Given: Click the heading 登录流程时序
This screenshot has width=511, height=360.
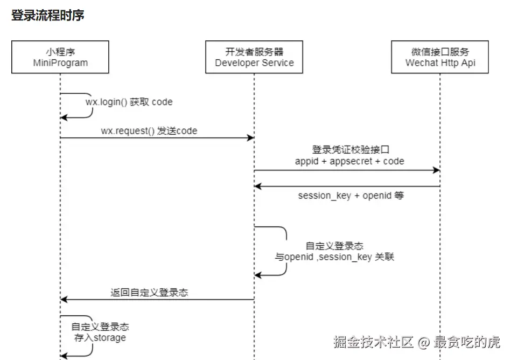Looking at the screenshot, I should pyautogui.click(x=48, y=16).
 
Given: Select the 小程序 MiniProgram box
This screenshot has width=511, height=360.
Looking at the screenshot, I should pyautogui.click(x=60, y=57).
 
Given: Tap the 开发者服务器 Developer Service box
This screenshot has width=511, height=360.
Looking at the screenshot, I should pyautogui.click(x=254, y=57).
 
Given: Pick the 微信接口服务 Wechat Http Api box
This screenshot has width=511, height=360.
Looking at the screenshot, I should pyautogui.click(x=440, y=57).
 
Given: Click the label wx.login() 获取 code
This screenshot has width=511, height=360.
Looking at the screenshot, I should pyautogui.click(x=129, y=102).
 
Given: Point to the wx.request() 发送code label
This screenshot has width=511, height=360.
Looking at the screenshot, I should pyautogui.click(x=149, y=131).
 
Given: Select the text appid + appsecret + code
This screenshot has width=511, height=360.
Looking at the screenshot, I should pyautogui.click(x=349, y=161).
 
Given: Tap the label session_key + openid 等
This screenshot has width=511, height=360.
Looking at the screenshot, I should pyautogui.click(x=351, y=195).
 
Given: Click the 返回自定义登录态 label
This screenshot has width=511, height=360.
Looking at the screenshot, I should pyautogui.click(x=149, y=293).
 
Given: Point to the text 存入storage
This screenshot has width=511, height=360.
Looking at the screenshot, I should pyautogui.click(x=100, y=337).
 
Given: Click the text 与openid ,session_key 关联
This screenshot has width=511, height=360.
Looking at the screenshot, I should pyautogui.click(x=334, y=257).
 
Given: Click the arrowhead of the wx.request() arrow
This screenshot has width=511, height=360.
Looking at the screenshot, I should pyautogui.click(x=250, y=139).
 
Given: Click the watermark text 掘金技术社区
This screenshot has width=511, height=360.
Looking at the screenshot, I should pyautogui.click(x=373, y=342).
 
